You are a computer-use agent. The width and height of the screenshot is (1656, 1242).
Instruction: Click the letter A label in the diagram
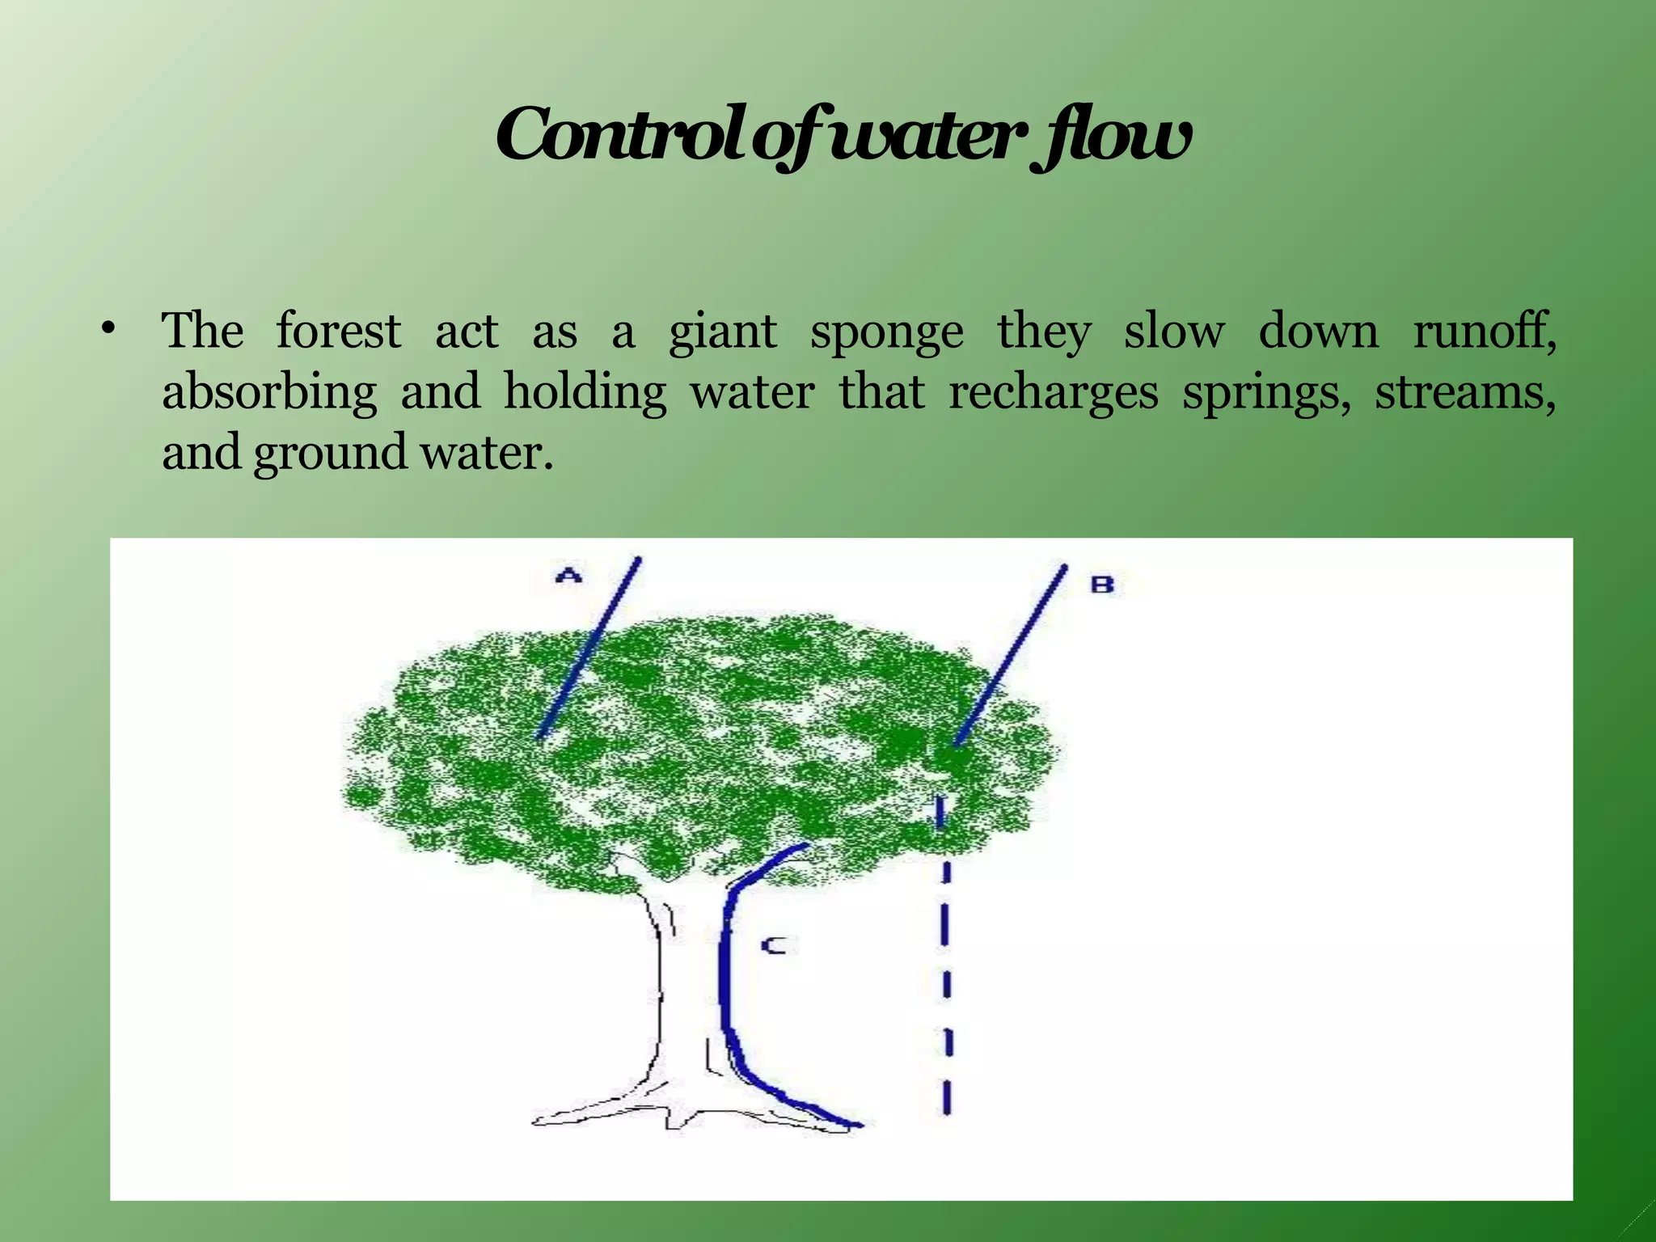click(x=570, y=576)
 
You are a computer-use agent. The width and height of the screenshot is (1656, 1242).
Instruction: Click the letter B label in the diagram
click(x=1102, y=584)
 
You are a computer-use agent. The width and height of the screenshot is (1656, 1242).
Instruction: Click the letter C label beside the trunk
click(x=775, y=944)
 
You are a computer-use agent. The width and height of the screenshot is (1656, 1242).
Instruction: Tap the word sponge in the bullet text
click(x=887, y=332)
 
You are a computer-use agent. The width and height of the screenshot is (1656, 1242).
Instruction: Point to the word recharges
click(x=1053, y=394)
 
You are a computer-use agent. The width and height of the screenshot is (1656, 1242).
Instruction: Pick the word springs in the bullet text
click(x=1265, y=394)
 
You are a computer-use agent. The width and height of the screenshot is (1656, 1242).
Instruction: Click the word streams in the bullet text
click(x=1464, y=392)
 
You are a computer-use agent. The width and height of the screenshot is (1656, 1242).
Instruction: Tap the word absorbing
click(x=269, y=394)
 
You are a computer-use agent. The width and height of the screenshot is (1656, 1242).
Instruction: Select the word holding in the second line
click(x=585, y=394)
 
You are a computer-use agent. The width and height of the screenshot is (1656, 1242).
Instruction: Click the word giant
click(x=723, y=332)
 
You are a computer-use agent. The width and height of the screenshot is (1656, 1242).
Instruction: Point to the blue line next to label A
click(x=590, y=647)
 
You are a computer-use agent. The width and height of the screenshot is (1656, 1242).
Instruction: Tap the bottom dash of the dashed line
click(x=947, y=1099)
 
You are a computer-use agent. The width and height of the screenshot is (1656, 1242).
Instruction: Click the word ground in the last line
click(x=330, y=454)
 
